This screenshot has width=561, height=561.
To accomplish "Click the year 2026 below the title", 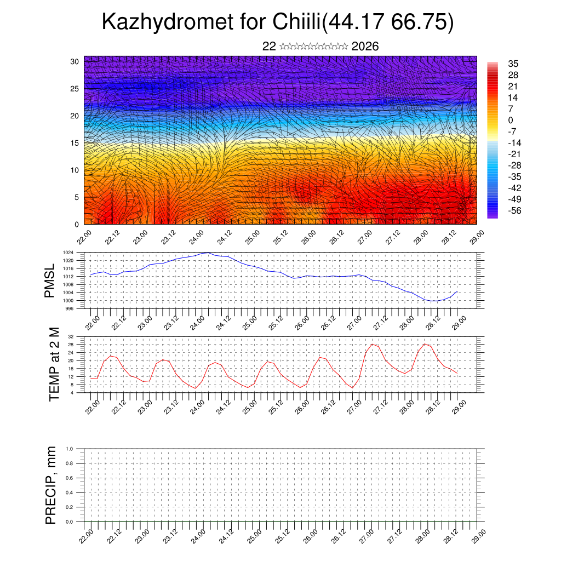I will tap(365, 47).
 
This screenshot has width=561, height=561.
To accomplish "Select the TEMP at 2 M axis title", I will tap(53, 364).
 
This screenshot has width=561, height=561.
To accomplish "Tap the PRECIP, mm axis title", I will tap(51, 485).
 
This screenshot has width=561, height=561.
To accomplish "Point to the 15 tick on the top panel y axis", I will tap(75, 143).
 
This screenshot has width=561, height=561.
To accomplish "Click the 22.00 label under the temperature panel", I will tap(93, 405).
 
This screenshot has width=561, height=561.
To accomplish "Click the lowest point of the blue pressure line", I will tap(433, 301).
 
